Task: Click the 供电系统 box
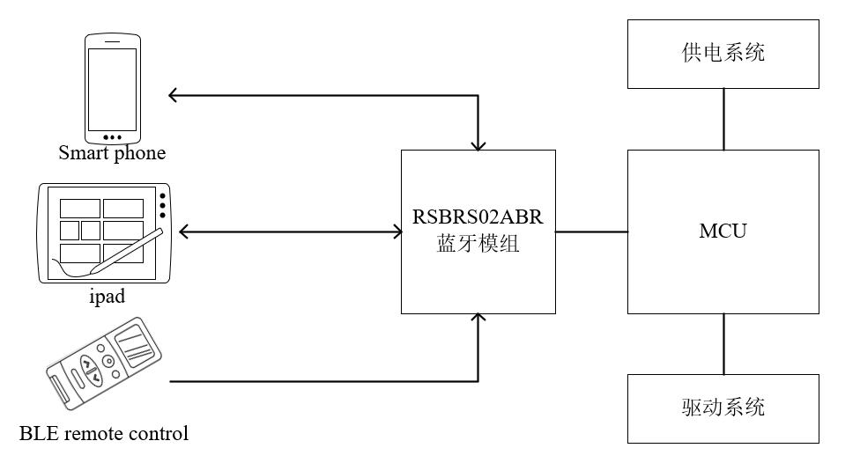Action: coord(723,54)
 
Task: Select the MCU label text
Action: coord(723,231)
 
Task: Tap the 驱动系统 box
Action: coord(723,408)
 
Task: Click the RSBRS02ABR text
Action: coord(478,217)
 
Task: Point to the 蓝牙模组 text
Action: coord(478,243)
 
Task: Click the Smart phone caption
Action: coord(112,153)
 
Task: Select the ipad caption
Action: coord(107,296)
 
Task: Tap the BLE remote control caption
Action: coord(104,433)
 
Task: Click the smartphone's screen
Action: coord(113,89)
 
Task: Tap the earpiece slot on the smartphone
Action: coord(113,41)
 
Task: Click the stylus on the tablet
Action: coord(126,252)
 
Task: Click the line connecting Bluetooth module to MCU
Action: coord(592,231)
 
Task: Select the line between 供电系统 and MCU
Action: coord(723,120)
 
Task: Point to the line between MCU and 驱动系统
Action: coord(723,344)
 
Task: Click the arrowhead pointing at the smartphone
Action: coord(172,95)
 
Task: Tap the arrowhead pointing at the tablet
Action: coord(183,231)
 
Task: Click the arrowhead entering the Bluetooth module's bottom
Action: coord(478,318)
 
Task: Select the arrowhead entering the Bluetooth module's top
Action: coord(478,146)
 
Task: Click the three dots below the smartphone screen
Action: coord(113,137)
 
